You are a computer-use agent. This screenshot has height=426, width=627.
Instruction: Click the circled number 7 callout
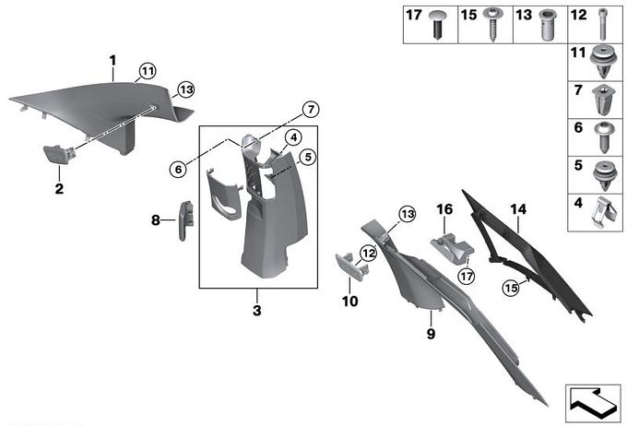point(311,109)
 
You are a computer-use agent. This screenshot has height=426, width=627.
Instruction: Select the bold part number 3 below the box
point(257,310)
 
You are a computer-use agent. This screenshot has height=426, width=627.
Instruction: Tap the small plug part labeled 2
point(59,154)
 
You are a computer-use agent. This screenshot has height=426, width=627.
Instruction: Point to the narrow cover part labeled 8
point(185,220)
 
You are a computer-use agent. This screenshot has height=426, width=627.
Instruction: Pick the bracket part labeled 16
point(452,249)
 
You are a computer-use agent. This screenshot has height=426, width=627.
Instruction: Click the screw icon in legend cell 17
point(438,25)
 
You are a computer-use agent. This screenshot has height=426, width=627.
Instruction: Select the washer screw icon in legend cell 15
point(492,24)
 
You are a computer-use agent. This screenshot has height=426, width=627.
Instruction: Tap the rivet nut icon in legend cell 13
point(547,25)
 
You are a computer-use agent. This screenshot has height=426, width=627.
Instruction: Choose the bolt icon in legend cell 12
point(603,25)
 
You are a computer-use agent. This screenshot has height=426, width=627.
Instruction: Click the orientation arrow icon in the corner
point(593,403)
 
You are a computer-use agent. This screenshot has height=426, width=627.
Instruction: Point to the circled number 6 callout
point(178,170)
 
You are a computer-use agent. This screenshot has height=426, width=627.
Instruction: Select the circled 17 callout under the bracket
point(467,276)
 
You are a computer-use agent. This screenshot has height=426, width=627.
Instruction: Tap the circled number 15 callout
point(511,288)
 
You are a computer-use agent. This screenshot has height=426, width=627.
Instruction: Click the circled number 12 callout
point(369,253)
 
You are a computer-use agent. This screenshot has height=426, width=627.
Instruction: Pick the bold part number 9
point(431,334)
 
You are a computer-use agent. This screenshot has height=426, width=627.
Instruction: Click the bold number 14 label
point(518,209)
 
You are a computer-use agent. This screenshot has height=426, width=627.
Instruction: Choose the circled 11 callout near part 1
point(148,72)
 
